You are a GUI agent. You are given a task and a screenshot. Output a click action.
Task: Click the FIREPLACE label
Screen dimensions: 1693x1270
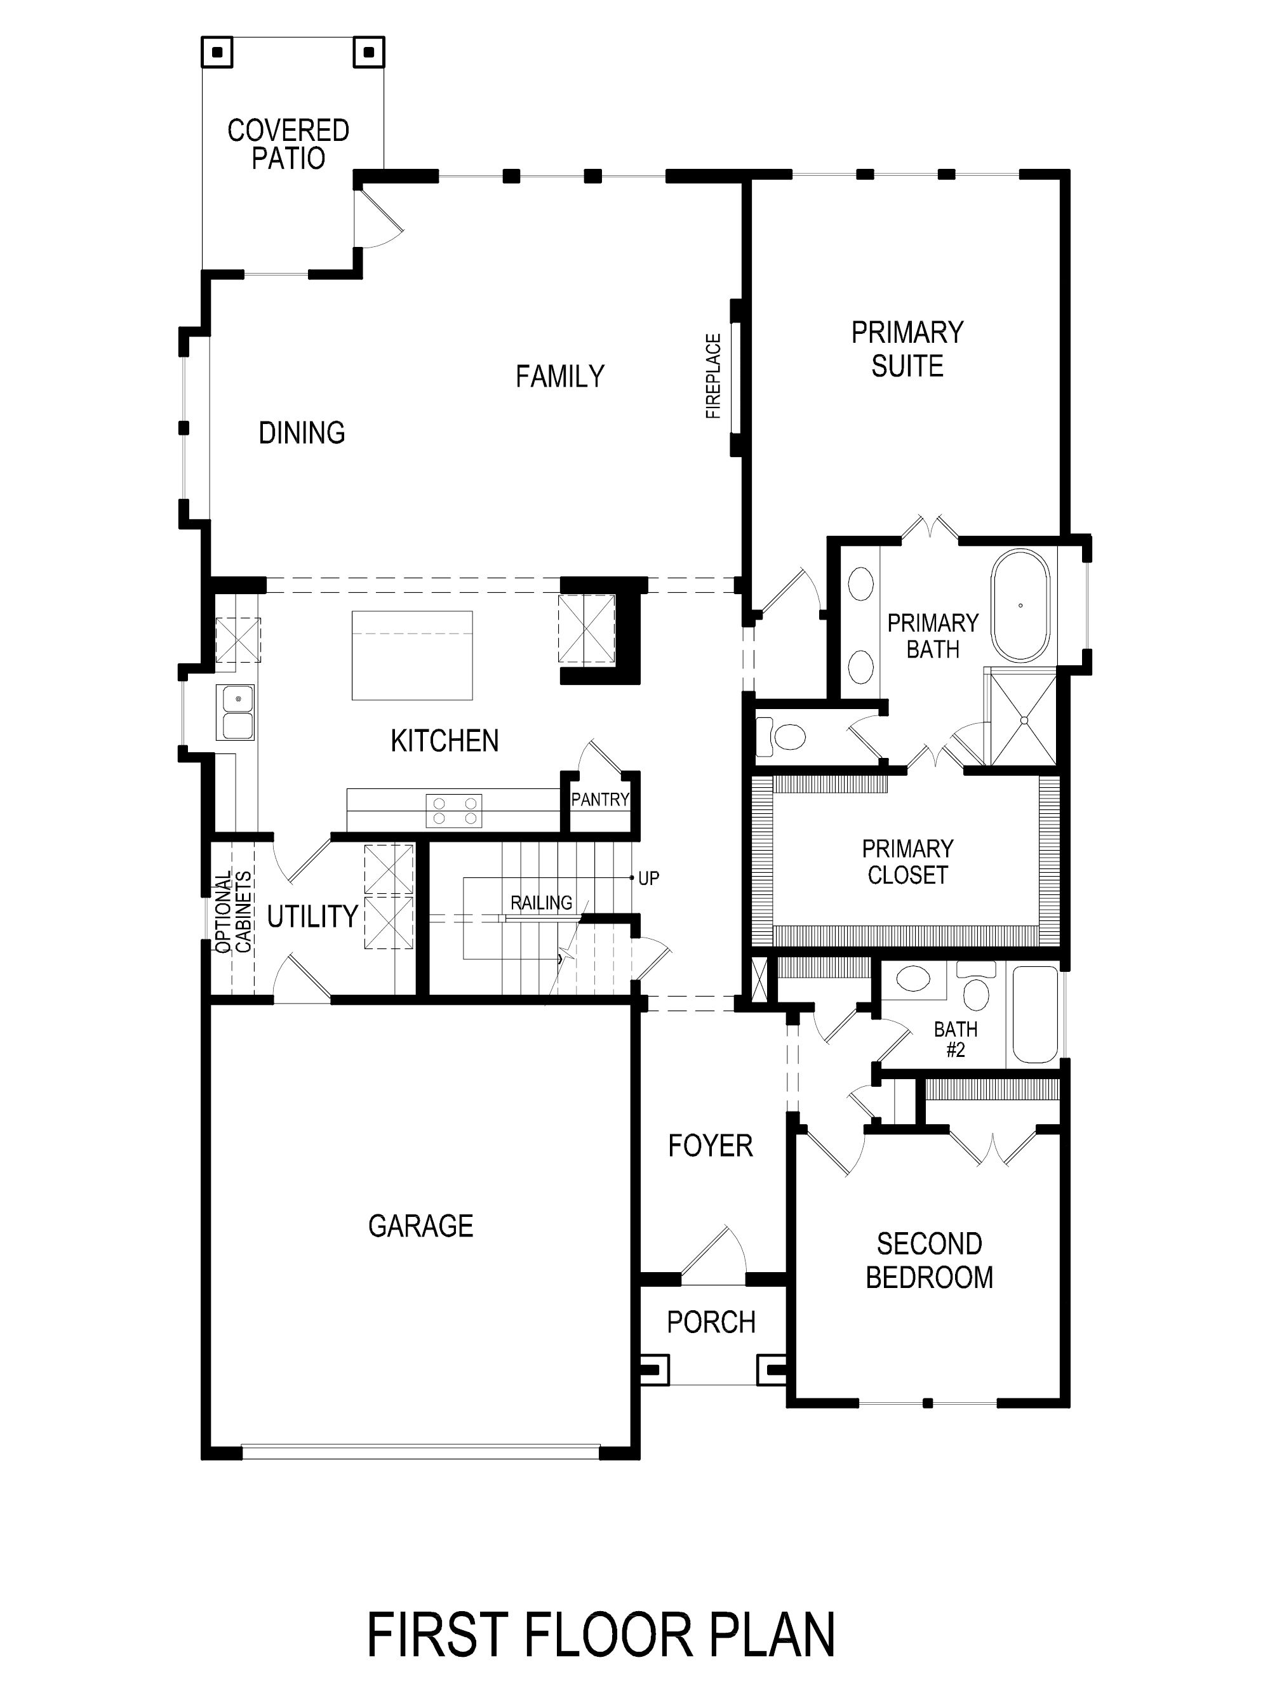(x=712, y=376)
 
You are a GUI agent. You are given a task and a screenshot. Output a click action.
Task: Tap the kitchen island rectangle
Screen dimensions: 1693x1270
(x=412, y=655)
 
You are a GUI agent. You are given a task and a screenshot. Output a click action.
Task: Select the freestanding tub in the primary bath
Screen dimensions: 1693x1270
(x=1020, y=606)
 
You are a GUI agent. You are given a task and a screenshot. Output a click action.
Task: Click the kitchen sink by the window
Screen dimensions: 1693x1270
(x=235, y=712)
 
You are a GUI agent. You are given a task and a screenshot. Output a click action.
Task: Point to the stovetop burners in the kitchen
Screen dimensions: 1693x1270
(x=454, y=811)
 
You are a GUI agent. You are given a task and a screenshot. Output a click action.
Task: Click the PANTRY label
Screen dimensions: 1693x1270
(x=600, y=800)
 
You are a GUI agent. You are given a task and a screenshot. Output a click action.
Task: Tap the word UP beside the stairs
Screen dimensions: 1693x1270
(x=648, y=879)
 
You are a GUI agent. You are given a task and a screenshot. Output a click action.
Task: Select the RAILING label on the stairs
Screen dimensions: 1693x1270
(x=541, y=903)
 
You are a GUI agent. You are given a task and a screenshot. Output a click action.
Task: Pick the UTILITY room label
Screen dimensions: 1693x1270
(x=312, y=916)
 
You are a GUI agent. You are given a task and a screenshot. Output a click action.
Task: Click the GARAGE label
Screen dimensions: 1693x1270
(x=420, y=1226)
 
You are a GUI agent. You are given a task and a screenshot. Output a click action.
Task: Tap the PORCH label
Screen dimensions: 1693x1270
(x=711, y=1322)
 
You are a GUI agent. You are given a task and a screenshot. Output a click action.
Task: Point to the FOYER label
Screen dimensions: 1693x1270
(x=711, y=1146)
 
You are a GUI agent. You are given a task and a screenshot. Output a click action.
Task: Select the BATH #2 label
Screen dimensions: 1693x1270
(x=956, y=1039)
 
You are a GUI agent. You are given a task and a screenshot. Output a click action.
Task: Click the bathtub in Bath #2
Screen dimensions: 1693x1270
(x=1036, y=1015)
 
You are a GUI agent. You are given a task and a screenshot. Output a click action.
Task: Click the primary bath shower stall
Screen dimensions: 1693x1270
(x=1023, y=718)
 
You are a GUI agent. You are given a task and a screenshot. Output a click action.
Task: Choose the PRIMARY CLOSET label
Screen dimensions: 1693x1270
(x=907, y=862)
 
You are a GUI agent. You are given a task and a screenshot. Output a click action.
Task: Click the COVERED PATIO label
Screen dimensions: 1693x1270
(x=288, y=144)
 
